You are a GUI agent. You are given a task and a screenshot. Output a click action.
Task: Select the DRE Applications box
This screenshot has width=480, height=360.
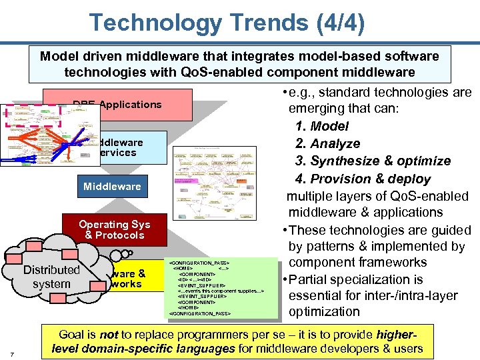pos(117,105)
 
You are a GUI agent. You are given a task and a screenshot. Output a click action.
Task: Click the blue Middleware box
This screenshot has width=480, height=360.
pos(112,187)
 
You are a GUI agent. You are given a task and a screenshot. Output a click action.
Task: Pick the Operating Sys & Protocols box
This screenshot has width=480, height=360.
pos(114,230)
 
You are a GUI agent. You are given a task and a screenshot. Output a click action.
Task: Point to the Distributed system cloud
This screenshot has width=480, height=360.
pos(51,277)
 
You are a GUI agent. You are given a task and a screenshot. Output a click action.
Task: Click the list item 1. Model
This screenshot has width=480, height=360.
pos(331,126)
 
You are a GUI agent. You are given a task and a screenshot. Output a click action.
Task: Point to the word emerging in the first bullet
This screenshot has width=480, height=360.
pos(317,109)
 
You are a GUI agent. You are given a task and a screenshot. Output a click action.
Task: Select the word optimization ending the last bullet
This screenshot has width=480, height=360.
pos(324,311)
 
